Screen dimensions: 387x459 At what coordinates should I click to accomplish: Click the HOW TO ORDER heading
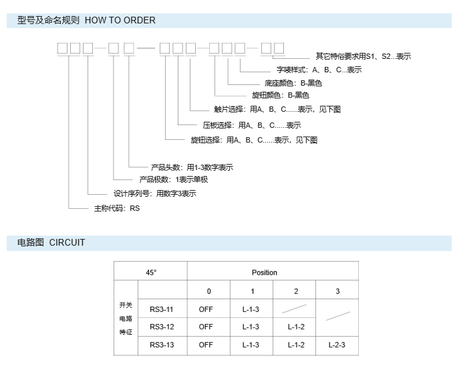tap(86, 20)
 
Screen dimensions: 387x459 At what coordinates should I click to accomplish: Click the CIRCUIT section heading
tap(51, 242)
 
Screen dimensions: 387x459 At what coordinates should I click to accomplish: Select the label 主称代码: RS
tap(116, 208)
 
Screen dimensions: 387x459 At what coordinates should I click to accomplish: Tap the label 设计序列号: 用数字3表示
tap(154, 193)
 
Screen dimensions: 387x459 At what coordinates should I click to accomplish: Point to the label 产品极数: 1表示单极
tap(173, 179)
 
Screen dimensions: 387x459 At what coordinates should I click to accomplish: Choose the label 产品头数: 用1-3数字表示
tap(191, 167)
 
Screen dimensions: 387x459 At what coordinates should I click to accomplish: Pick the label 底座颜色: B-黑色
tap(293, 83)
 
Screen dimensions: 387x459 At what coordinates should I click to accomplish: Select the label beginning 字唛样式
tap(319, 70)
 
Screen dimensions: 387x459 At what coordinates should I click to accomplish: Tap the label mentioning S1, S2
tap(363, 56)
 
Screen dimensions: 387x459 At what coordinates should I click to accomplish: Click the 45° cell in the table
tap(151, 273)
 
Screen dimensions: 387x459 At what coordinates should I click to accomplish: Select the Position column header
tap(264, 273)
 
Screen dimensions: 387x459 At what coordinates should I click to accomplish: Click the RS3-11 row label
tap(162, 309)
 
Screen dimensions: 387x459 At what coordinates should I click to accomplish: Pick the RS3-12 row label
tap(162, 327)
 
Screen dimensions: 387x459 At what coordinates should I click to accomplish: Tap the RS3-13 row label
tap(162, 345)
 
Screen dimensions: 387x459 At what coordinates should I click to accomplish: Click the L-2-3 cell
tap(337, 345)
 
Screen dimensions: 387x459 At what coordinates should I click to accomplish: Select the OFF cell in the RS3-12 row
tap(206, 327)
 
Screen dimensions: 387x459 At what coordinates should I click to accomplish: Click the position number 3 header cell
tap(337, 291)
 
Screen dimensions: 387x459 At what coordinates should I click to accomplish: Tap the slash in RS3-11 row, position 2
tap(295, 309)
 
